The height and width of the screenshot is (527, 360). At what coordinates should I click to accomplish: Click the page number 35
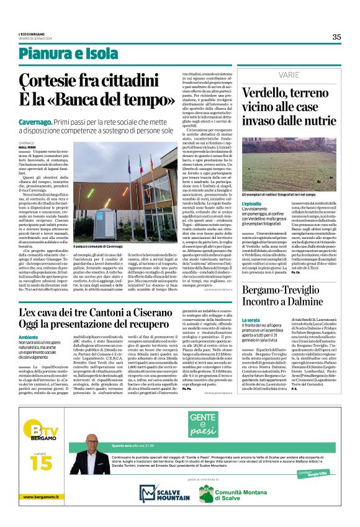click(x=336, y=37)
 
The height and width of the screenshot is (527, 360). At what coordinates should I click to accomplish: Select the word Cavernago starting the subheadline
click(x=37, y=115)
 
